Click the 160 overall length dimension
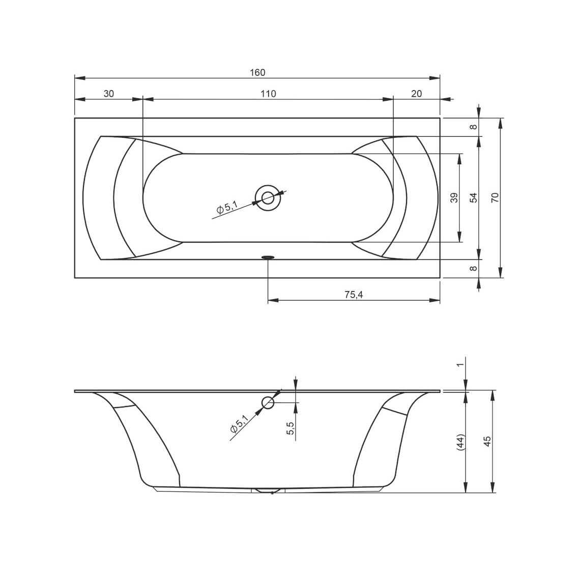[257, 72]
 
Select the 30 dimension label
[108, 94]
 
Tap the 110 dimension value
[268, 94]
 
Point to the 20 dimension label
[417, 94]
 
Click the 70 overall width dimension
[496, 197]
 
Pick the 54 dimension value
[474, 197]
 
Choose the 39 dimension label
[455, 197]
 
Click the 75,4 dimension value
[354, 295]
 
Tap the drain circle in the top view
[268, 198]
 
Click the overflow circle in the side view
[268, 402]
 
